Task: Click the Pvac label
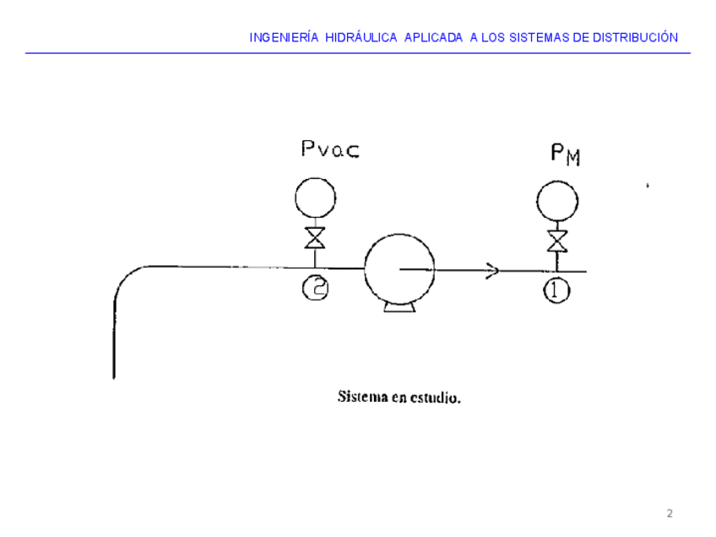[330, 151]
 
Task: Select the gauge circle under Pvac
[315, 199]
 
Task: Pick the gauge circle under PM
[557, 202]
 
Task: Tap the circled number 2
[315, 289]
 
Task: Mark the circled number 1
[557, 291]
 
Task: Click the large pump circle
[398, 268]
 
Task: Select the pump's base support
[399, 306]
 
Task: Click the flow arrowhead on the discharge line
[492, 270]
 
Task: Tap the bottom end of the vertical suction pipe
[114, 376]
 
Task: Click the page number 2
[670, 513]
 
